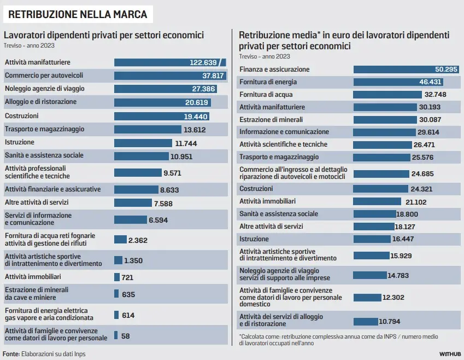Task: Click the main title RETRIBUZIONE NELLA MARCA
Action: point(77,14)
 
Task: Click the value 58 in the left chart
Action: point(126,336)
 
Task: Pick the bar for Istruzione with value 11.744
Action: point(143,143)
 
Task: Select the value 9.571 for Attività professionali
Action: point(172,173)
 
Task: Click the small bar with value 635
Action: point(116,294)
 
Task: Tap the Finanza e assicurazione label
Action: point(274,69)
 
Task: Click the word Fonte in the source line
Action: point(11,353)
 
